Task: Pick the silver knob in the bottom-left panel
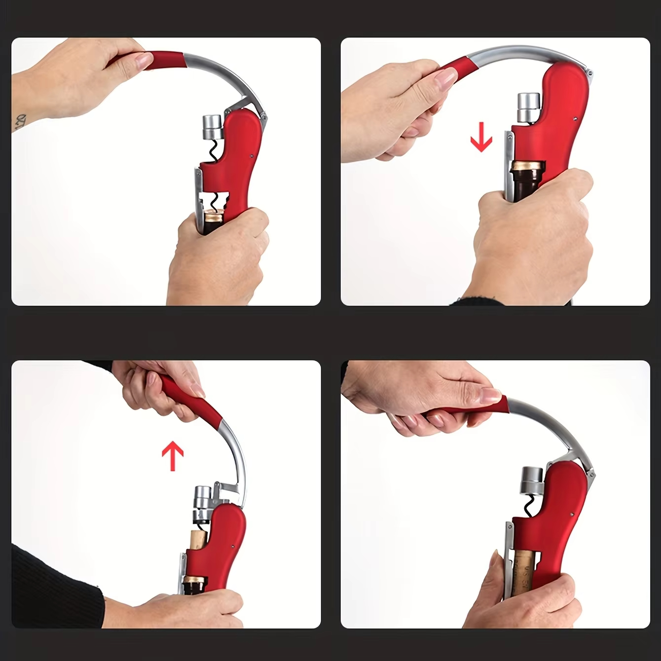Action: [x=203, y=498]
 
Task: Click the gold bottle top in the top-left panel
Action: [x=213, y=217]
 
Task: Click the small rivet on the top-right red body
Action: [x=577, y=119]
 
